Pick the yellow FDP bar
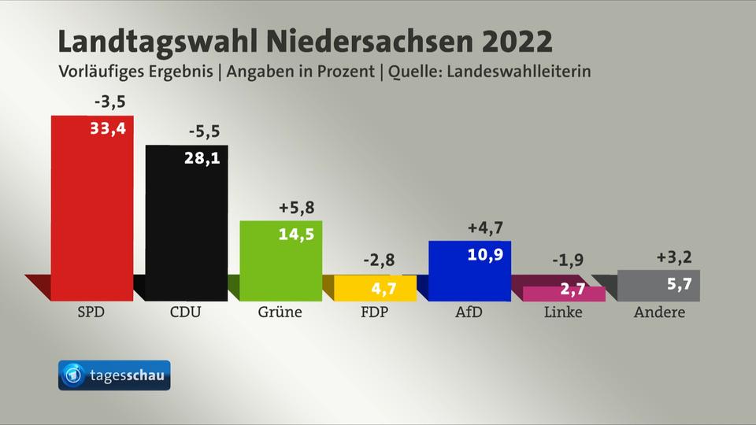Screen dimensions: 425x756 [364, 288]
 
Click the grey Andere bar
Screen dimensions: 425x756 [658, 285]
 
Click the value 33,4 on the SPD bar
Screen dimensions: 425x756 [108, 128]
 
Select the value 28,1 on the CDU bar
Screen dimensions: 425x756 [202, 158]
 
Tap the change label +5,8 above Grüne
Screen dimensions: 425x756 [297, 208]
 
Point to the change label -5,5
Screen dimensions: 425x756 [204, 131]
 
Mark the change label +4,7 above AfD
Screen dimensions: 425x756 [485, 228]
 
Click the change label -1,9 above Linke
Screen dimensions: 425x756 [567, 261]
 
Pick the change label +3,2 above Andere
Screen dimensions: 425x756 [674, 257]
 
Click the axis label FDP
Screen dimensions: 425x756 [374, 312]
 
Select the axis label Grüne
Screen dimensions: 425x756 [280, 312]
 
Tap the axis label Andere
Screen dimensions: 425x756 [659, 312]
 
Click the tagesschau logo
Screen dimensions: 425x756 [114, 375]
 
